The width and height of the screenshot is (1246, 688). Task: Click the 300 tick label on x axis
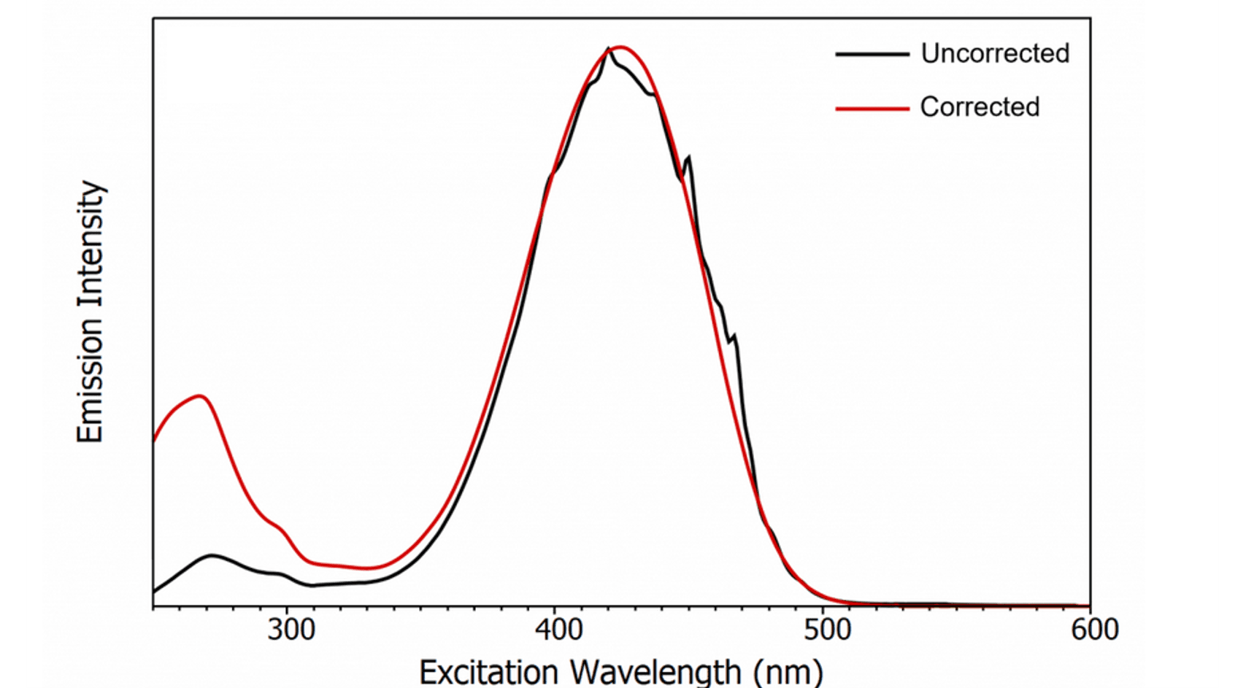tap(291, 630)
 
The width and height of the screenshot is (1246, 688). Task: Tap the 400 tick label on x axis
tap(558, 630)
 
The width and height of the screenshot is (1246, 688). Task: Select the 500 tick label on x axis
tap(827, 630)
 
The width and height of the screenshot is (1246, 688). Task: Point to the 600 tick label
tap(1094, 630)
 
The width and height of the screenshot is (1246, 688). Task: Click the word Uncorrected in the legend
tap(995, 53)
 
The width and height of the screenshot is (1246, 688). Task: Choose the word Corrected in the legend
tap(980, 107)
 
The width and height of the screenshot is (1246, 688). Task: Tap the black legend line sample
tap(872, 54)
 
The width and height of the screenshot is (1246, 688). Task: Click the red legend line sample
tap(872, 108)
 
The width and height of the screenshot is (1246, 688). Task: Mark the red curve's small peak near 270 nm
tap(200, 396)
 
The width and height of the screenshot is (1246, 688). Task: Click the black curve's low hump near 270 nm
tap(212, 556)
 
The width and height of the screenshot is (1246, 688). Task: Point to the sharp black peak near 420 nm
tap(607, 50)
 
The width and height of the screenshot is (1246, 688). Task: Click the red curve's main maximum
tap(620, 47)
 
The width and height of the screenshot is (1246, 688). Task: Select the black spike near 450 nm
tap(688, 158)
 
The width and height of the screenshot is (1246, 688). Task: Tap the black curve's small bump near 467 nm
tap(734, 336)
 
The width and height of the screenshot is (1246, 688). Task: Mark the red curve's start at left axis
tap(155, 440)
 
